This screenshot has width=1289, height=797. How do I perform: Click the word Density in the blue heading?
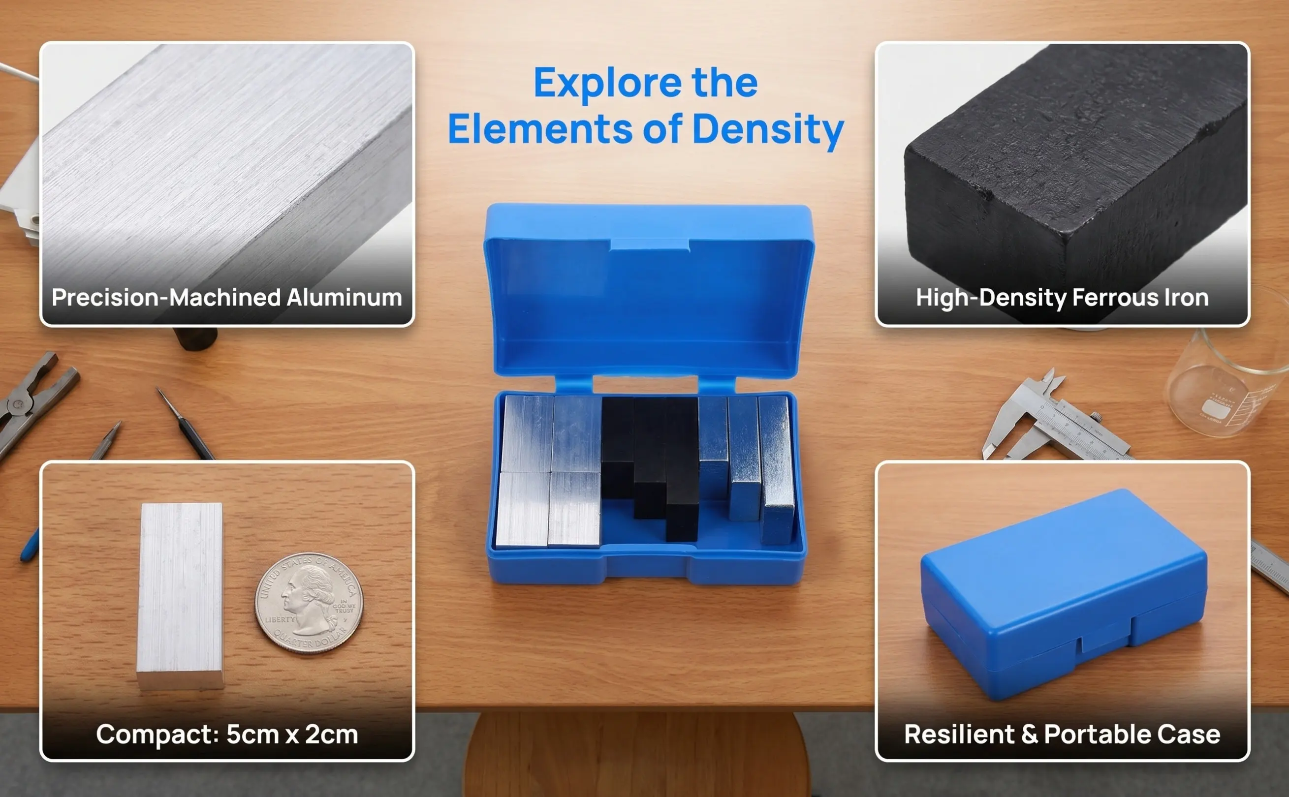click(768, 130)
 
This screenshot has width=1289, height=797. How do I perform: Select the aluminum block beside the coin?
click(180, 596)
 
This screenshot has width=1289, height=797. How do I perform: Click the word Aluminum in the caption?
click(344, 297)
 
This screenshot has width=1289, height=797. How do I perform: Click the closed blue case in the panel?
click(1064, 594)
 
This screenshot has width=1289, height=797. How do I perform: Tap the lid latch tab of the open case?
click(650, 245)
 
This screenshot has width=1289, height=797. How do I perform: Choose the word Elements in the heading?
click(540, 130)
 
